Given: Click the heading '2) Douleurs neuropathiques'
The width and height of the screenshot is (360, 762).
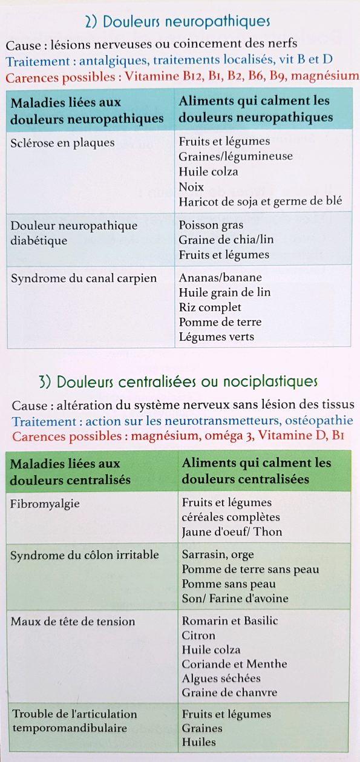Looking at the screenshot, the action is [x=177, y=22].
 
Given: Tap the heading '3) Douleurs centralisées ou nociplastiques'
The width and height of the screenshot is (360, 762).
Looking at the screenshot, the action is [x=177, y=381].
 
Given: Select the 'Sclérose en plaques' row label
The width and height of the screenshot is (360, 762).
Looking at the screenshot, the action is [x=63, y=142].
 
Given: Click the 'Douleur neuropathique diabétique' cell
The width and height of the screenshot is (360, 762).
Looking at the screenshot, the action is [x=74, y=233].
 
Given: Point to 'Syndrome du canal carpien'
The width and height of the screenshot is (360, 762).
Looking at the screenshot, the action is [x=83, y=278].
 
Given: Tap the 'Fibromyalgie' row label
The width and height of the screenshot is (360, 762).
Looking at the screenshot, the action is [x=45, y=503].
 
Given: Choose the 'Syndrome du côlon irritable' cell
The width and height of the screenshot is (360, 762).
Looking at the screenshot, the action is [x=85, y=555].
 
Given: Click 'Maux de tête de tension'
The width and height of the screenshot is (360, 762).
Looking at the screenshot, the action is [x=73, y=622].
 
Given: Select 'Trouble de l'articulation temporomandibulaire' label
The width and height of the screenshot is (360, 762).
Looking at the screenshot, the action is [x=74, y=721].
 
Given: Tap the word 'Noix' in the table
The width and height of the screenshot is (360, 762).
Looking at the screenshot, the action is [x=191, y=187].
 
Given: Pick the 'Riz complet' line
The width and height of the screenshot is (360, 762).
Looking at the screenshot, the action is [x=210, y=307].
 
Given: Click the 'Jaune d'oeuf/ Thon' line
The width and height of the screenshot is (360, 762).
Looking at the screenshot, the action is [x=232, y=532].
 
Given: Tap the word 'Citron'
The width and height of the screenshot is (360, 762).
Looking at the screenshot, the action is [x=198, y=636].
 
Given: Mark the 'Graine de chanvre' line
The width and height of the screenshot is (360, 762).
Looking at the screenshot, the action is [x=229, y=692].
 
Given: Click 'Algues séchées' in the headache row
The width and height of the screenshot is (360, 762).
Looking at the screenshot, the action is [x=221, y=678].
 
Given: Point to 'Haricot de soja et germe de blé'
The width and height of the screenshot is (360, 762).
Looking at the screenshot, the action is [x=260, y=202].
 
